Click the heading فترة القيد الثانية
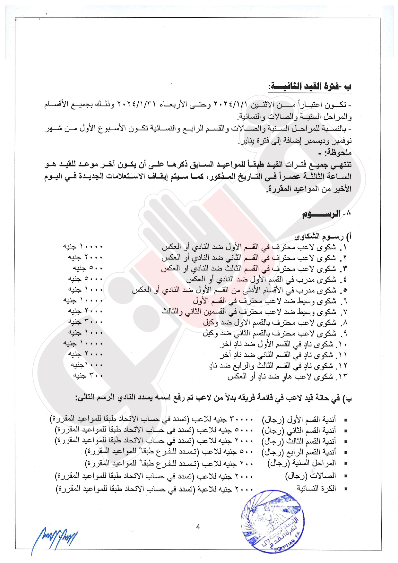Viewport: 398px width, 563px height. pos(310,87)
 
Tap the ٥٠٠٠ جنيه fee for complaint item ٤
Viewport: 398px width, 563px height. pos(85,279)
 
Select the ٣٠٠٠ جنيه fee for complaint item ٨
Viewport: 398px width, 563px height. pos(85,321)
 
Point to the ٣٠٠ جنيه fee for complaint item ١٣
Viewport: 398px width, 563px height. pos(88,375)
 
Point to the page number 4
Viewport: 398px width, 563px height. pos(198,527)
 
